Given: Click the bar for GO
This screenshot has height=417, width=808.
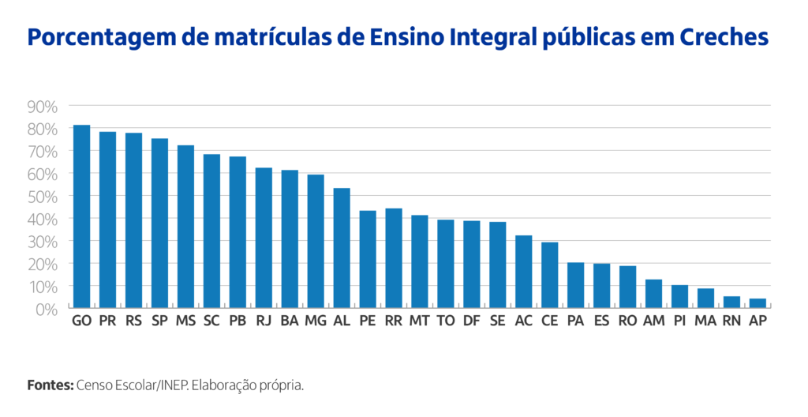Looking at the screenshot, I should tap(81, 216).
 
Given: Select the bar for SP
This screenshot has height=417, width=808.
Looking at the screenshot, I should tap(159, 224).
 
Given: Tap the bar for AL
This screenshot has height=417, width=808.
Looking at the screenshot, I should tap(342, 248).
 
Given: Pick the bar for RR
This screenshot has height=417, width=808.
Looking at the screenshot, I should tap(394, 258).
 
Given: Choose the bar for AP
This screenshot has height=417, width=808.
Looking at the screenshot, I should tap(757, 303).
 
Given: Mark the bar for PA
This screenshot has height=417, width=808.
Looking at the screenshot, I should tap(576, 285).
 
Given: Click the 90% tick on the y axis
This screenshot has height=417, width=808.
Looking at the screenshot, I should tap(42, 106).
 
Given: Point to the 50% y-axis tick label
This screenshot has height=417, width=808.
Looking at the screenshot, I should tap(42, 196).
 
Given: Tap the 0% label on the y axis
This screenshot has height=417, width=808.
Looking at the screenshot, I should tap(47, 309).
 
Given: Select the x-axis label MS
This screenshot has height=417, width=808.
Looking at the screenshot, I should tap(185, 321).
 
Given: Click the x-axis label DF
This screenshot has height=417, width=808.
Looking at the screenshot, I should tap(472, 321).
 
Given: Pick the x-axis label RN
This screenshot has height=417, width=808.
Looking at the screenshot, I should tap(731, 321).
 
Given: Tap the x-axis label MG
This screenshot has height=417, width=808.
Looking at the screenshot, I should tap(316, 321).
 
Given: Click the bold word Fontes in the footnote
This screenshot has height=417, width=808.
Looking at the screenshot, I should tap(50, 385).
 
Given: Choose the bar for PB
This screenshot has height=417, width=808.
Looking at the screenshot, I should tap(238, 232).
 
